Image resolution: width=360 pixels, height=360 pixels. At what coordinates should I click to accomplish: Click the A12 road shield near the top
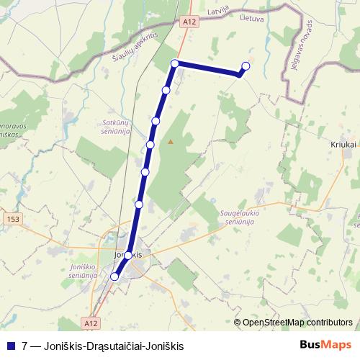pyautogui.click(x=189, y=22)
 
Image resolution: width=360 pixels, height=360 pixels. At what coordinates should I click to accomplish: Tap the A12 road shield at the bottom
pyautogui.click(x=89, y=325)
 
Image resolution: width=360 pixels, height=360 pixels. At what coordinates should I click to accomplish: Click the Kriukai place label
pyautogui.click(x=344, y=145)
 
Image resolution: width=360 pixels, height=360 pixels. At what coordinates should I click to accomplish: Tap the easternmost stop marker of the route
pyautogui.click(x=246, y=66)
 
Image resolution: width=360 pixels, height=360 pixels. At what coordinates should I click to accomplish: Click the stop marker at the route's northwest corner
pyautogui.click(x=175, y=64)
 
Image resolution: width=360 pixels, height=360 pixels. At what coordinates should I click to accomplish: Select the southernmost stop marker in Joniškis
pyautogui.click(x=114, y=276)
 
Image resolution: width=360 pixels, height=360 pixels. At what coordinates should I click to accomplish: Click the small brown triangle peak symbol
pyautogui.click(x=171, y=142)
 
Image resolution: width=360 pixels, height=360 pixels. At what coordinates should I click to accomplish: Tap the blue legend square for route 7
pyautogui.click(x=11, y=346)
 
